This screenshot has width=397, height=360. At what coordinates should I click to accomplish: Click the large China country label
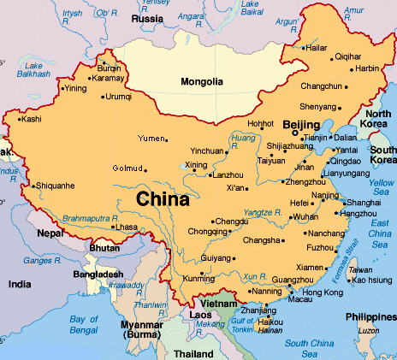pyautogui.click(x=162, y=200)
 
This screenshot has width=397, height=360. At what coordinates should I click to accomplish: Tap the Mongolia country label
pyautogui.click(x=203, y=82)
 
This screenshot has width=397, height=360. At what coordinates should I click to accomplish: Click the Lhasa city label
pyautogui.click(x=126, y=227)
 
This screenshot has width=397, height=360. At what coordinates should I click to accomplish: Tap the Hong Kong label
pyautogui.click(x=321, y=292)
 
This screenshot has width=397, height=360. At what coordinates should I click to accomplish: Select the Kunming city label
pyautogui.click(x=200, y=279)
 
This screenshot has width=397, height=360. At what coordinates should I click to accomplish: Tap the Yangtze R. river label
pyautogui.click(x=262, y=212)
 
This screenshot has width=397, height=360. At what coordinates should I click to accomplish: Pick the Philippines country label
pyautogui.click(x=369, y=317)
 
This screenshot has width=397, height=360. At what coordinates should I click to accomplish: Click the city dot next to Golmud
pyautogui.click(x=146, y=169)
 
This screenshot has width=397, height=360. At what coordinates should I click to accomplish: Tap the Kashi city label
pyautogui.click(x=31, y=119)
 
